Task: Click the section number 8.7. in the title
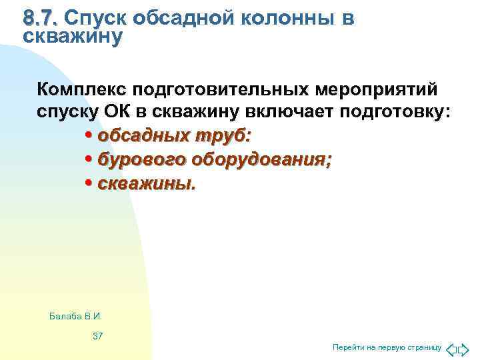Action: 41,18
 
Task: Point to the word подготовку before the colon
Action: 393,113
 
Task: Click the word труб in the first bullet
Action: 223,136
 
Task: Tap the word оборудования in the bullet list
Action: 261,159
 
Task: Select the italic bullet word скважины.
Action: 147,183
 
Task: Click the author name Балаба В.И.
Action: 75,315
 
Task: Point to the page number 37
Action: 97,335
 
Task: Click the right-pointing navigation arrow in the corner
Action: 464,348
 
